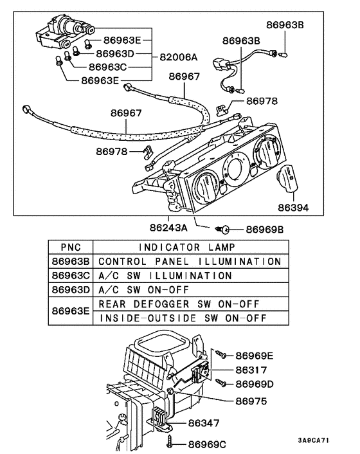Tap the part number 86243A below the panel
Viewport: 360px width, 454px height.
click(168, 227)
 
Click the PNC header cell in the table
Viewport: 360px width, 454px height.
click(71, 247)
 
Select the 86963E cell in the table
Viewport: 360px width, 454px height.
click(71, 311)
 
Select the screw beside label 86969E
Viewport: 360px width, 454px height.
click(221, 354)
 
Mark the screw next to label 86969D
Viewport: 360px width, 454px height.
click(221, 384)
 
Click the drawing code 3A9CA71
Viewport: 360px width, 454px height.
click(313, 440)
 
